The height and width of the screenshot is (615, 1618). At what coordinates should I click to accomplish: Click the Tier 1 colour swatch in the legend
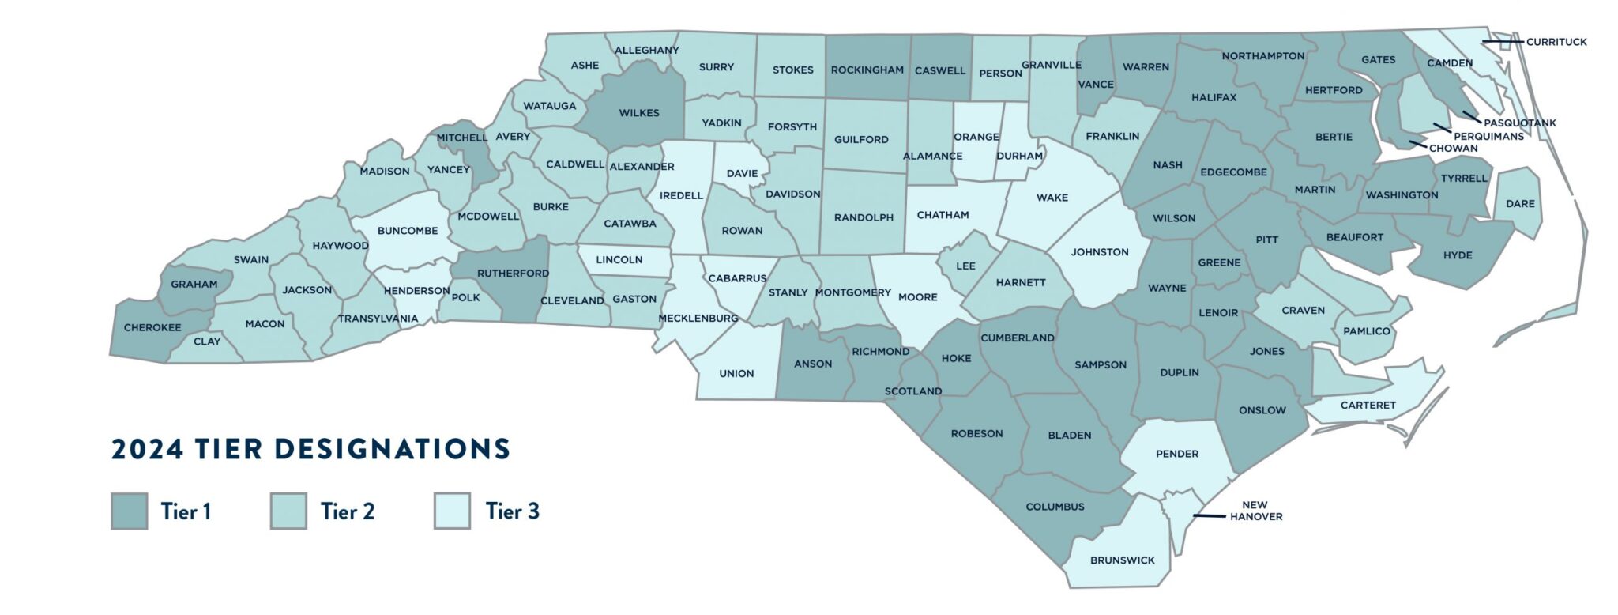point(129,511)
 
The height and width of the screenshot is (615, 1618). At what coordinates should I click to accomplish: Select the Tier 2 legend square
point(288,511)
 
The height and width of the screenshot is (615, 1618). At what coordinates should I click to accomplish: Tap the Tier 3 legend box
point(452,511)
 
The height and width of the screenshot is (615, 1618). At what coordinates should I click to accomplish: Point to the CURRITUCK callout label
point(1556,42)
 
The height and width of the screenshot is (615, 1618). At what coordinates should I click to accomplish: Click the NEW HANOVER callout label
point(1255,511)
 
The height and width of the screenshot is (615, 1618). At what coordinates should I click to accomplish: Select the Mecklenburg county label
point(698,319)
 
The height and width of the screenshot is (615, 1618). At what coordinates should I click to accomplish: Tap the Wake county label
point(1052,198)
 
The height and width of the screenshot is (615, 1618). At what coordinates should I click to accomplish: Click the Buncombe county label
point(407,231)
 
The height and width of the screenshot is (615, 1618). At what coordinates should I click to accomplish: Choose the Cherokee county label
point(152,327)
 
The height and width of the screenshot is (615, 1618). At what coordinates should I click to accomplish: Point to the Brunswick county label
point(1122,560)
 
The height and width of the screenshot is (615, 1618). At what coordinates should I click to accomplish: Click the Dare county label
point(1520,203)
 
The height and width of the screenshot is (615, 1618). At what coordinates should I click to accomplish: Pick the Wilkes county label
point(639,113)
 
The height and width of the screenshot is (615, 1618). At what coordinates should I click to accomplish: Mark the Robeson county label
point(976,433)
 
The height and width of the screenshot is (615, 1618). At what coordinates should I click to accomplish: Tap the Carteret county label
point(1368,405)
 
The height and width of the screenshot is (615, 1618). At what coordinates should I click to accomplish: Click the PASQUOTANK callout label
point(1519,123)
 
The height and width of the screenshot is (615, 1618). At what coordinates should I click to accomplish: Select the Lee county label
point(965,266)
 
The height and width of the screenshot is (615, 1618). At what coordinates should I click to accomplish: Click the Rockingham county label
point(867,70)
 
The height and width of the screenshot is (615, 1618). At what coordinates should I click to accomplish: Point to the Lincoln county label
point(619,259)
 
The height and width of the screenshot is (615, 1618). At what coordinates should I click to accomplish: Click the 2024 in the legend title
point(148,449)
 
